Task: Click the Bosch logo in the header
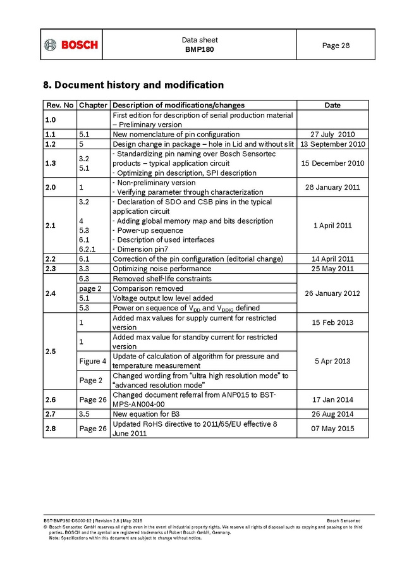71,45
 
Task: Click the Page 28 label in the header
336,45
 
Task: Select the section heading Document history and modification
133,85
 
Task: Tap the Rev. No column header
59,105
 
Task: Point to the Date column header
332,105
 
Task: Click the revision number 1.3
51,163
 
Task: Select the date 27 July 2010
332,134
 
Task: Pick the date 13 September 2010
332,144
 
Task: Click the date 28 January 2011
332,187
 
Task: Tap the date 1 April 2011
332,226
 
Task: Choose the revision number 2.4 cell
51,293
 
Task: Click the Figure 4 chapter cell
92,361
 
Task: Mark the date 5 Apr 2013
332,361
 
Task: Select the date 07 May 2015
332,428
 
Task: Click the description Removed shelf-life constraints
162,279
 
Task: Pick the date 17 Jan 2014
332,400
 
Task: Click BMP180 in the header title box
200,49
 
